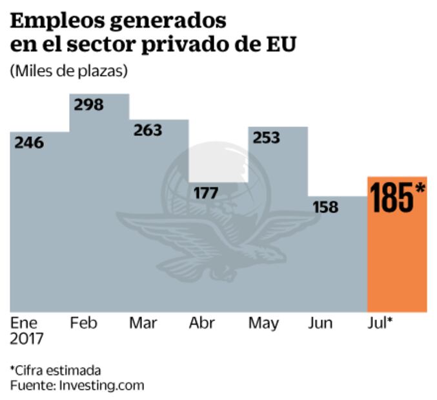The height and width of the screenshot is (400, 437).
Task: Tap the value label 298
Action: coord(88,105)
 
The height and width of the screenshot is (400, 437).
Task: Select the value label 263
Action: coord(148,130)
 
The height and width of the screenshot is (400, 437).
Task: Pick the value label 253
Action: coord(266,137)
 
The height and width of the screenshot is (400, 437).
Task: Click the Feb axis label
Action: coord(84,323)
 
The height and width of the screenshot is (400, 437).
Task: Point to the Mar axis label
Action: coord(143,323)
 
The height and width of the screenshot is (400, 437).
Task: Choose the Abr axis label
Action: coord(202,323)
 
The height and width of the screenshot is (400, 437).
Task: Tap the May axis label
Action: coord(263,323)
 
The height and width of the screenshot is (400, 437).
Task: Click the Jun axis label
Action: coord(321,323)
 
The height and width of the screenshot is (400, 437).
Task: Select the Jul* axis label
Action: coord(380,323)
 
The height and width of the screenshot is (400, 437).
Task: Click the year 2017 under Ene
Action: coord(27,339)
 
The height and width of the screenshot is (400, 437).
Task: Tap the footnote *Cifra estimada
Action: coord(56,370)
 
